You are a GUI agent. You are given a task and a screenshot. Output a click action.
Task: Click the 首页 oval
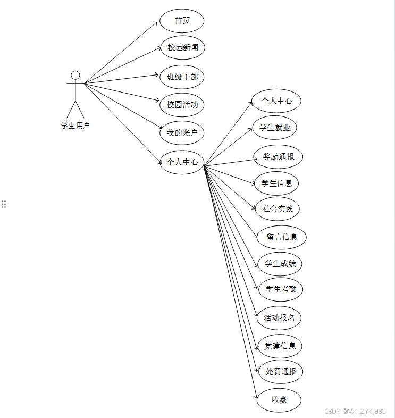(182, 21)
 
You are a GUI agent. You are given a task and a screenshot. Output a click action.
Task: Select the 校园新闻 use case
(182, 47)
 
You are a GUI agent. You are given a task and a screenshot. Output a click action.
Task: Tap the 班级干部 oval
(182, 77)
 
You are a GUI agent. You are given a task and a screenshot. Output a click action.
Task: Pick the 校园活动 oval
(182, 105)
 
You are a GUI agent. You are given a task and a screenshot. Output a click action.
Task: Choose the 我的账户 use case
(182, 133)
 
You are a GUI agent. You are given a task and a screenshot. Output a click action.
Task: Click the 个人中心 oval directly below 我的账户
(182, 162)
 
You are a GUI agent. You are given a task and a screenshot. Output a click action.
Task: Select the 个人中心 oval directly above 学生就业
(276, 101)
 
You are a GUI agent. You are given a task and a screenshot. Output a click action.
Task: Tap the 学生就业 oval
(275, 128)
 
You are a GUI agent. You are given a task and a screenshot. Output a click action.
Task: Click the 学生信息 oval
(276, 183)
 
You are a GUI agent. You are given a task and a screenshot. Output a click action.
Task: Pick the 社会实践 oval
(278, 209)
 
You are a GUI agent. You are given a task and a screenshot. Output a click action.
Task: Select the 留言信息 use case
(282, 237)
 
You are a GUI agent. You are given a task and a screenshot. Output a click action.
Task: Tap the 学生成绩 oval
(280, 264)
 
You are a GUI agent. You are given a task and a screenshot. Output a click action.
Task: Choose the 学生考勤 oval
(281, 290)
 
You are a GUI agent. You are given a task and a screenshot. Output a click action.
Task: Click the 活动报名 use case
(279, 318)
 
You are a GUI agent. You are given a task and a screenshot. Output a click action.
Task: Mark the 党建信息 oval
(280, 346)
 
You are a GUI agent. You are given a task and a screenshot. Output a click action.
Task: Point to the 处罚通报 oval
(281, 372)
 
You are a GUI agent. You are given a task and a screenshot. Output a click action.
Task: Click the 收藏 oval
(279, 400)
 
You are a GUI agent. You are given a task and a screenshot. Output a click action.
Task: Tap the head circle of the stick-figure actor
(75, 75)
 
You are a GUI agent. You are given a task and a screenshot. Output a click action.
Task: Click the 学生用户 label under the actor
(75, 126)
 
